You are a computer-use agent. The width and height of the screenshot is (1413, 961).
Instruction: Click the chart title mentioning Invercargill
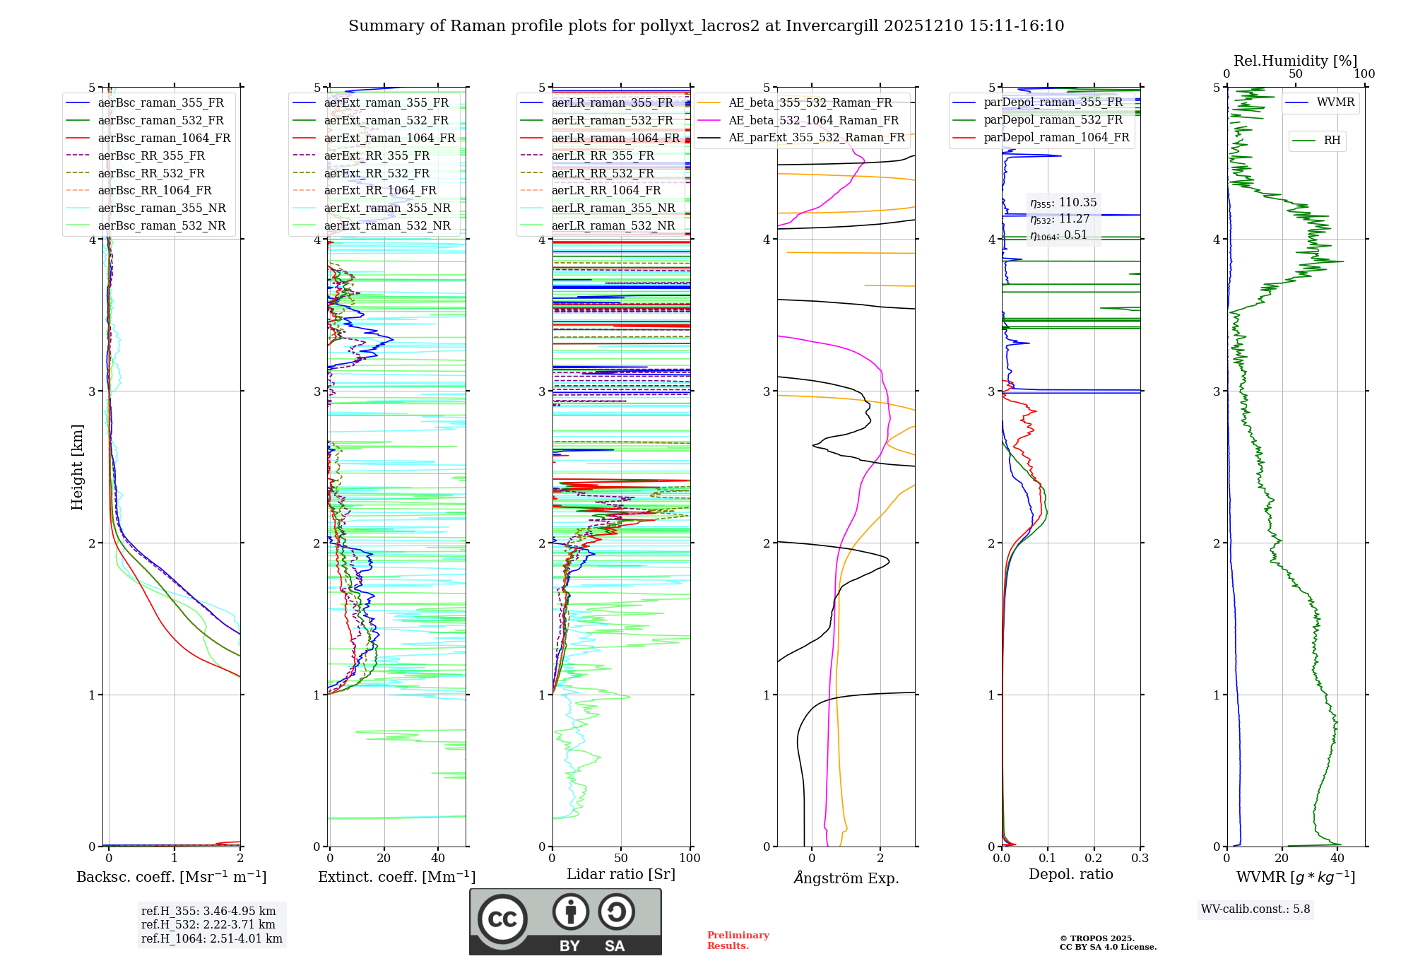(x=706, y=26)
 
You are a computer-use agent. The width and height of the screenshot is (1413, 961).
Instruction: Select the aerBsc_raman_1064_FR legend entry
(x=164, y=138)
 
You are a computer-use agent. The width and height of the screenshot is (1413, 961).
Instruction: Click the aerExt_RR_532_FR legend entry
(x=377, y=173)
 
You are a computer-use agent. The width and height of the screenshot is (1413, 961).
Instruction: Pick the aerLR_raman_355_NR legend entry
(x=613, y=208)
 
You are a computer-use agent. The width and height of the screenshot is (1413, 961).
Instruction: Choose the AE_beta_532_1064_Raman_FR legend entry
(x=813, y=120)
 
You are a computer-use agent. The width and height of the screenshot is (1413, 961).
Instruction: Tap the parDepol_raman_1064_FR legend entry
(x=1056, y=137)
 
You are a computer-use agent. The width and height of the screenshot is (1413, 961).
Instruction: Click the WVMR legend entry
(x=1335, y=102)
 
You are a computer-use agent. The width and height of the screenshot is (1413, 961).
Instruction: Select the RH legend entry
(x=1332, y=141)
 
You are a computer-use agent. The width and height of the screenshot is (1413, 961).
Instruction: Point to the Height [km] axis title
(x=77, y=467)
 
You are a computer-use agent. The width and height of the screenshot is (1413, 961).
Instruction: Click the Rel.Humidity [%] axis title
(x=1295, y=61)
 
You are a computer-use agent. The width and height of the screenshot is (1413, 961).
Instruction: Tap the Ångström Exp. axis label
(x=846, y=878)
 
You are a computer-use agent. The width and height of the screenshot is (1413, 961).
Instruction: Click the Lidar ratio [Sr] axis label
(x=621, y=874)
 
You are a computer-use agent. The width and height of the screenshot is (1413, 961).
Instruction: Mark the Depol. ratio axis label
(x=1070, y=874)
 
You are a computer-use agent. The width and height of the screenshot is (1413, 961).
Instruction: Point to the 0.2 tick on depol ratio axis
(x=1094, y=859)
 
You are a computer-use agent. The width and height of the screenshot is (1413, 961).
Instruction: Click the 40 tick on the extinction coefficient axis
(x=438, y=859)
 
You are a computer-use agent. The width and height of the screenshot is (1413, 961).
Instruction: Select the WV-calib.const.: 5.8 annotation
(x=1255, y=909)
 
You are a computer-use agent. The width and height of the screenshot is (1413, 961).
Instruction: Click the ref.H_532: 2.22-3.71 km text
(x=208, y=924)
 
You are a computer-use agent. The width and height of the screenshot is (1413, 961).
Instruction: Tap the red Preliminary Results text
(x=738, y=941)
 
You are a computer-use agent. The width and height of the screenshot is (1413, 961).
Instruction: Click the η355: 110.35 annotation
(x=1063, y=203)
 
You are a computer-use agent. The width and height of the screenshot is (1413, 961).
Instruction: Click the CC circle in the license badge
(x=502, y=919)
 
